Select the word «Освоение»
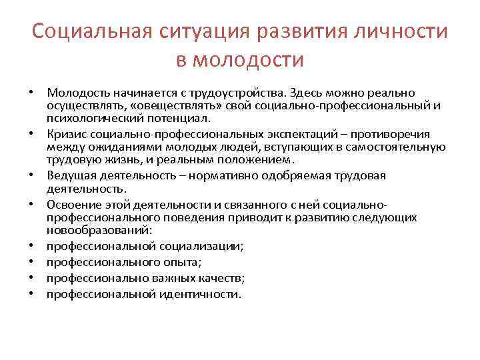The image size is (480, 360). coord(71,204)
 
